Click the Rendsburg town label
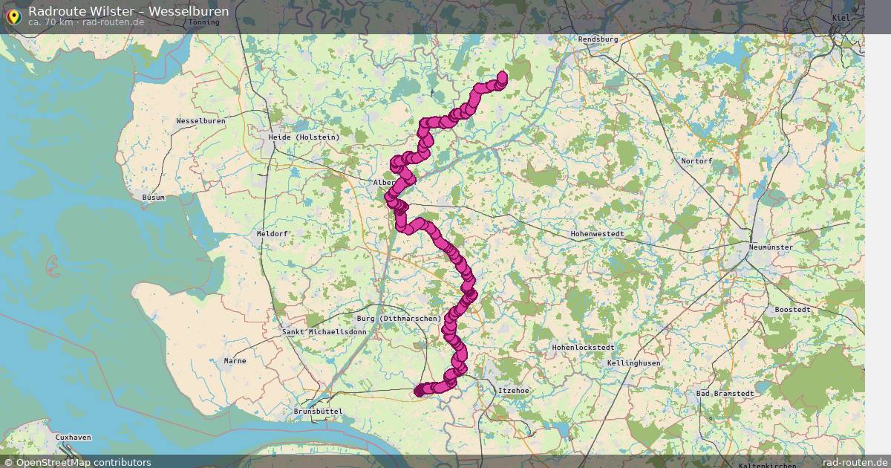click(598, 39)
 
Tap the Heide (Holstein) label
click(304, 137)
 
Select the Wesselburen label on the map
click(200, 120)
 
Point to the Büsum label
click(153, 198)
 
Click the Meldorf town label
click(271, 233)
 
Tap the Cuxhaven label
click(74, 438)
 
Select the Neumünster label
click(771, 247)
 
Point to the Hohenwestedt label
click(597, 234)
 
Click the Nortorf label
click(696, 161)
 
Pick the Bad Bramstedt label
click(725, 394)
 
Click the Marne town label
click(235, 361)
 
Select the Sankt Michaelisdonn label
click(313, 332)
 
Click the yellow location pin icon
click(13, 16)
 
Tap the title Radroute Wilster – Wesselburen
click(128, 11)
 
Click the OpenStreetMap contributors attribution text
click(83, 462)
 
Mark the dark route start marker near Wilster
click(420, 391)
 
